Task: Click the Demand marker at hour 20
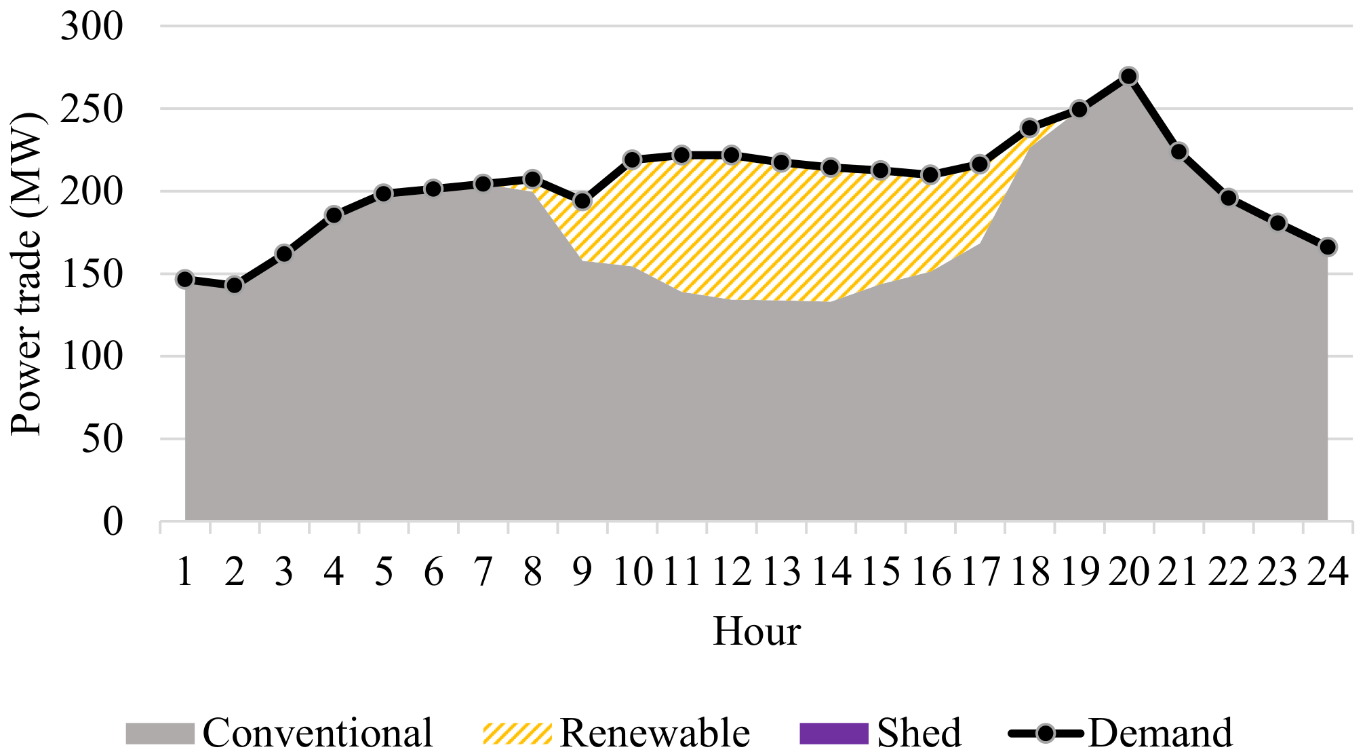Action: click(x=1128, y=76)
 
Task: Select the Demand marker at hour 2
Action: click(x=235, y=285)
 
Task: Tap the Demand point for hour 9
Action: click(x=582, y=202)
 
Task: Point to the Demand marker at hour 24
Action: click(x=1328, y=247)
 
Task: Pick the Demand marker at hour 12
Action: click(x=731, y=155)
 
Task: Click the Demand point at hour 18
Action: click(x=1029, y=128)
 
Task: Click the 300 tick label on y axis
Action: click(x=92, y=27)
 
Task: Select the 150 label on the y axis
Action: click(x=92, y=274)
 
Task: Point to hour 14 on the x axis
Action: click(x=831, y=571)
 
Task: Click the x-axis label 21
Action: click(x=1178, y=571)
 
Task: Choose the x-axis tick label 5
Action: click(x=384, y=571)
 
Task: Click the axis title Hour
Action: click(x=757, y=631)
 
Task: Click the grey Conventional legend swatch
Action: click(x=160, y=734)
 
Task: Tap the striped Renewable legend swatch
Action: click(x=517, y=734)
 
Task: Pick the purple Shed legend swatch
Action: click(x=834, y=734)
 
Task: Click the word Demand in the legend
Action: click(x=1160, y=734)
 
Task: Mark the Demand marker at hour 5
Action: click(x=384, y=193)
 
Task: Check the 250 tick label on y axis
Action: click(x=92, y=109)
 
